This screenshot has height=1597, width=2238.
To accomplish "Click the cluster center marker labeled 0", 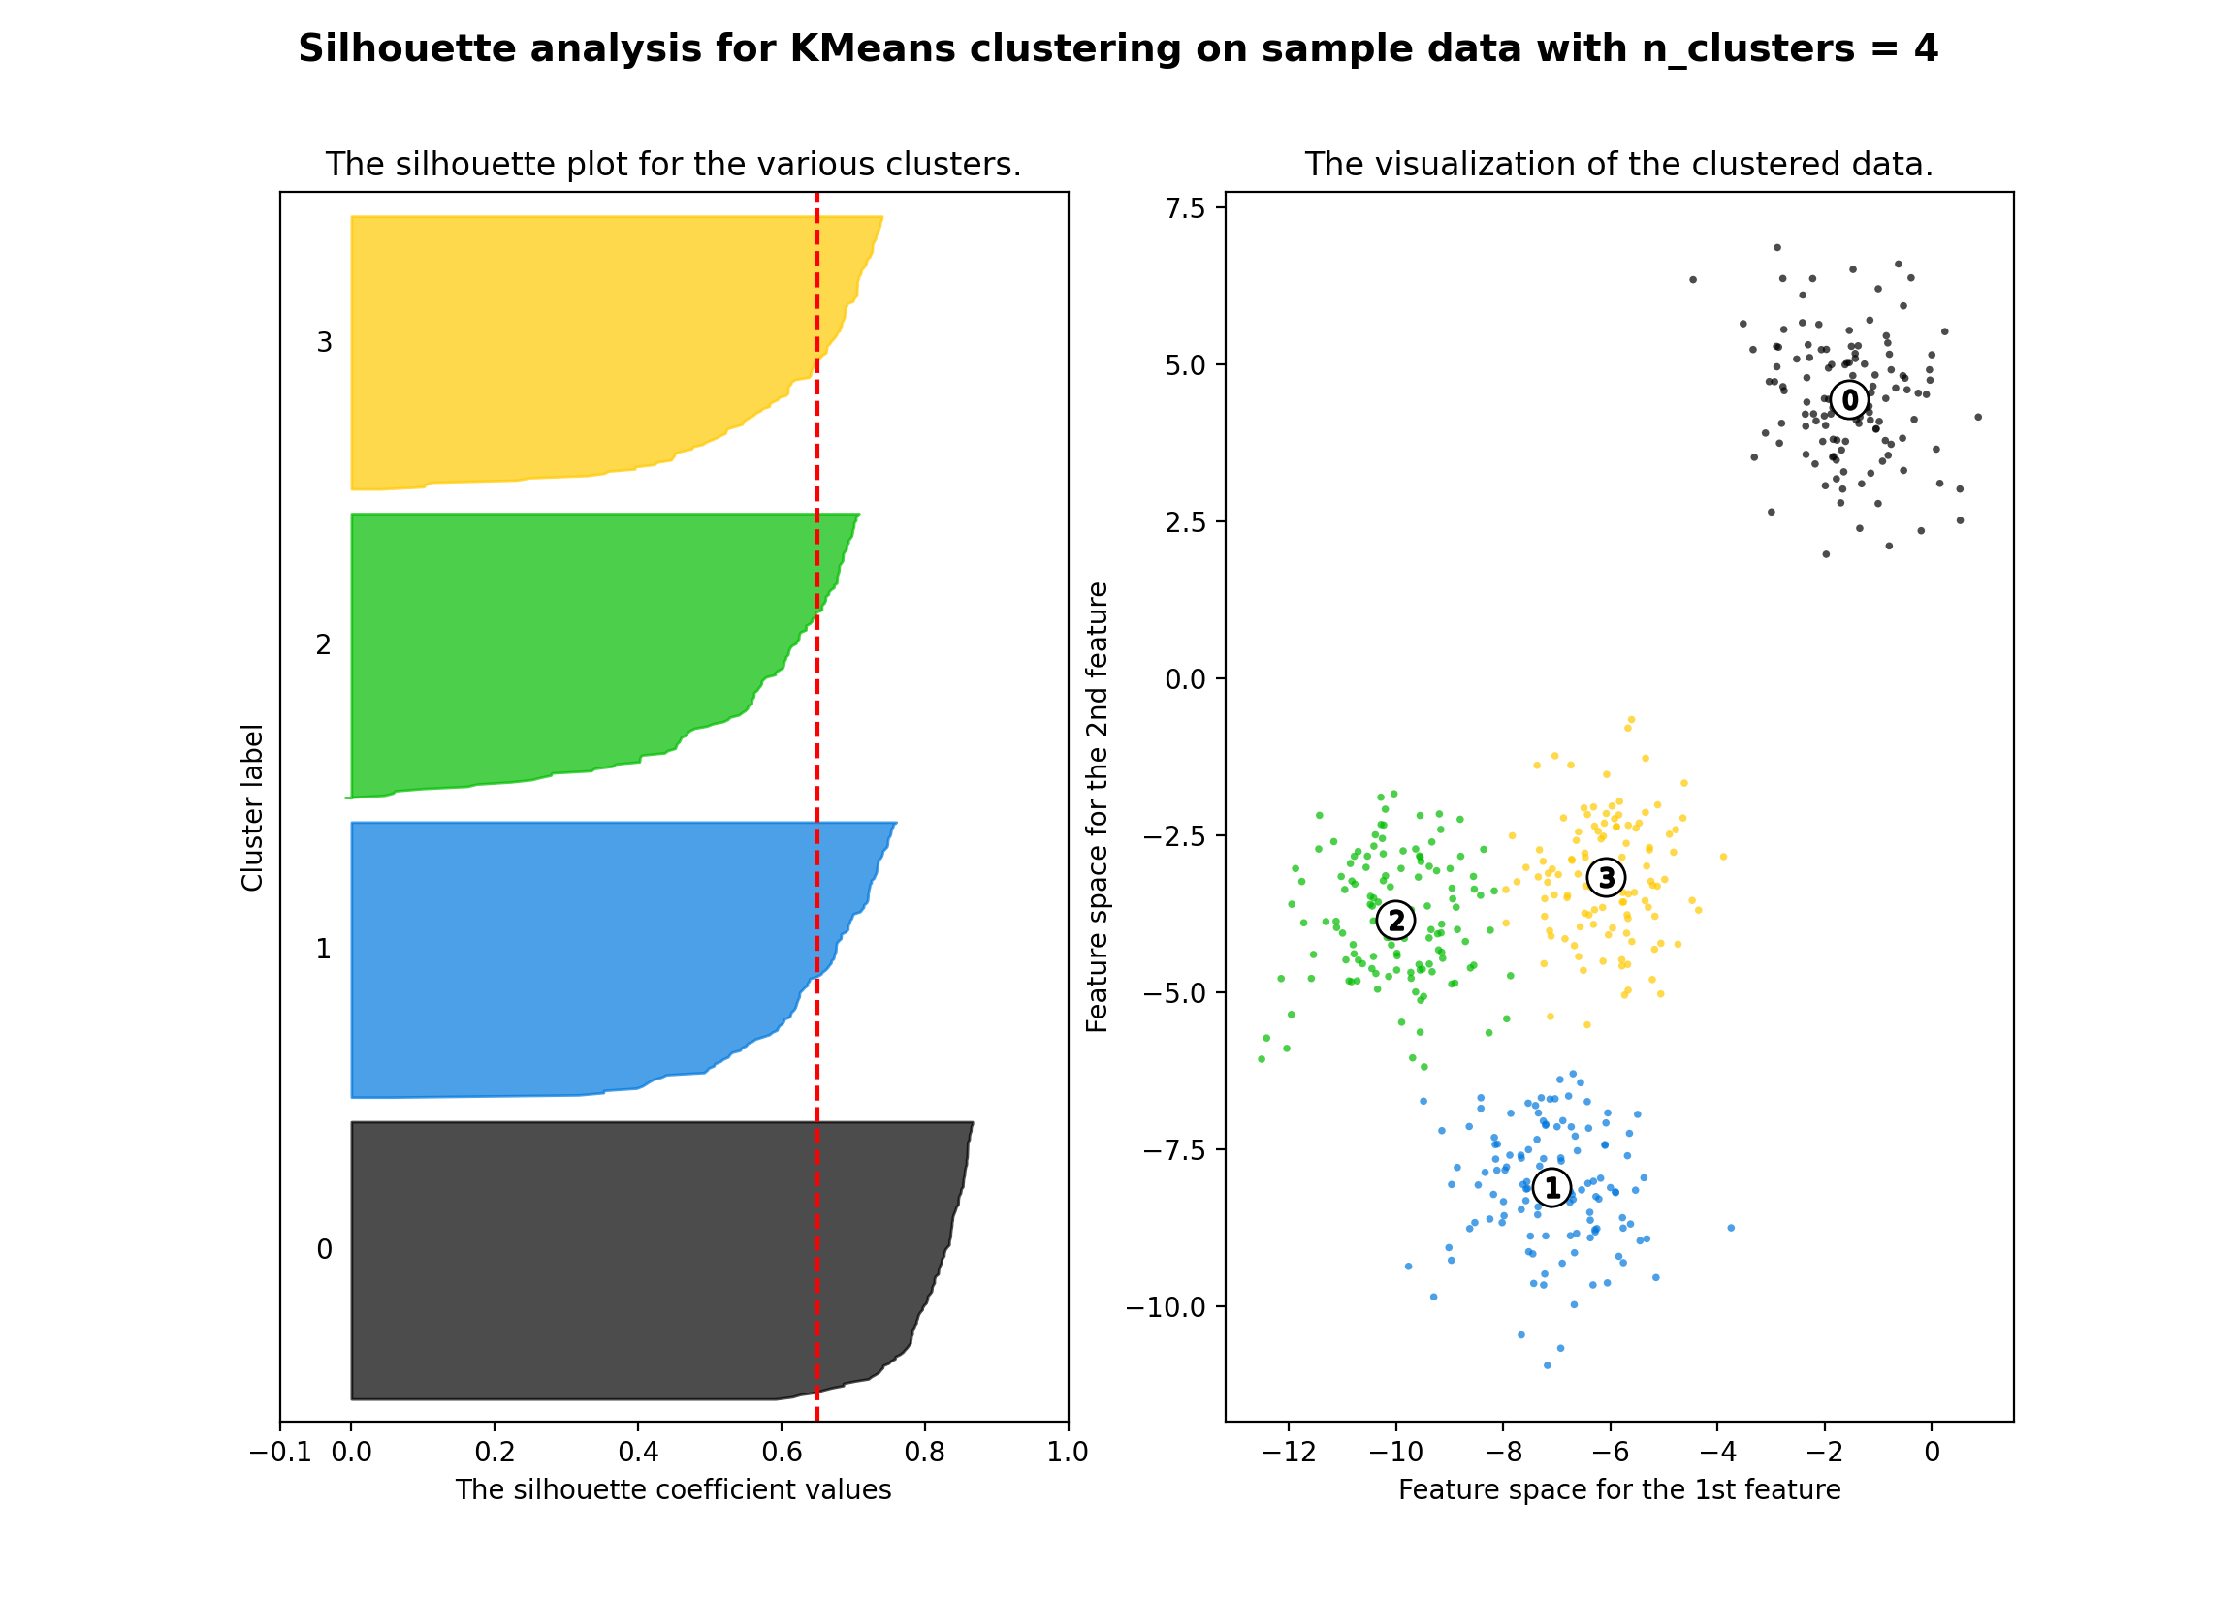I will point(1849,400).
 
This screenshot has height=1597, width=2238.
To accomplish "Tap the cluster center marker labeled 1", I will point(1551,1188).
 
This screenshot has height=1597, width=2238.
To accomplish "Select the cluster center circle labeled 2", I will point(1395,921).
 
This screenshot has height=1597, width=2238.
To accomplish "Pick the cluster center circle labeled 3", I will point(1606,877).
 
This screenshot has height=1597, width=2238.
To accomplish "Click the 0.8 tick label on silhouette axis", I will point(925,1453).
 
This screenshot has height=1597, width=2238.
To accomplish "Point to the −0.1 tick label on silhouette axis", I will point(280,1453).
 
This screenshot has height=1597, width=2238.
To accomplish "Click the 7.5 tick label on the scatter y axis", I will point(1184,208).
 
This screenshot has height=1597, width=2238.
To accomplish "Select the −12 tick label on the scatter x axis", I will point(1288,1453).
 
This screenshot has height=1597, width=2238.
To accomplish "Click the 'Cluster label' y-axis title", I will point(252,807).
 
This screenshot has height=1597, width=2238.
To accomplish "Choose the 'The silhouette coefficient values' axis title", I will point(673,1489).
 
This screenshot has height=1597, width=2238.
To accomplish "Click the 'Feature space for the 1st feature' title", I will point(1619,1489).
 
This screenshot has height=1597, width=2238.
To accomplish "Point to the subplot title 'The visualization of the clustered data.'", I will point(1618,164).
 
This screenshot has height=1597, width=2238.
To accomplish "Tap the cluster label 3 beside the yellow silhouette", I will point(324,342).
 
